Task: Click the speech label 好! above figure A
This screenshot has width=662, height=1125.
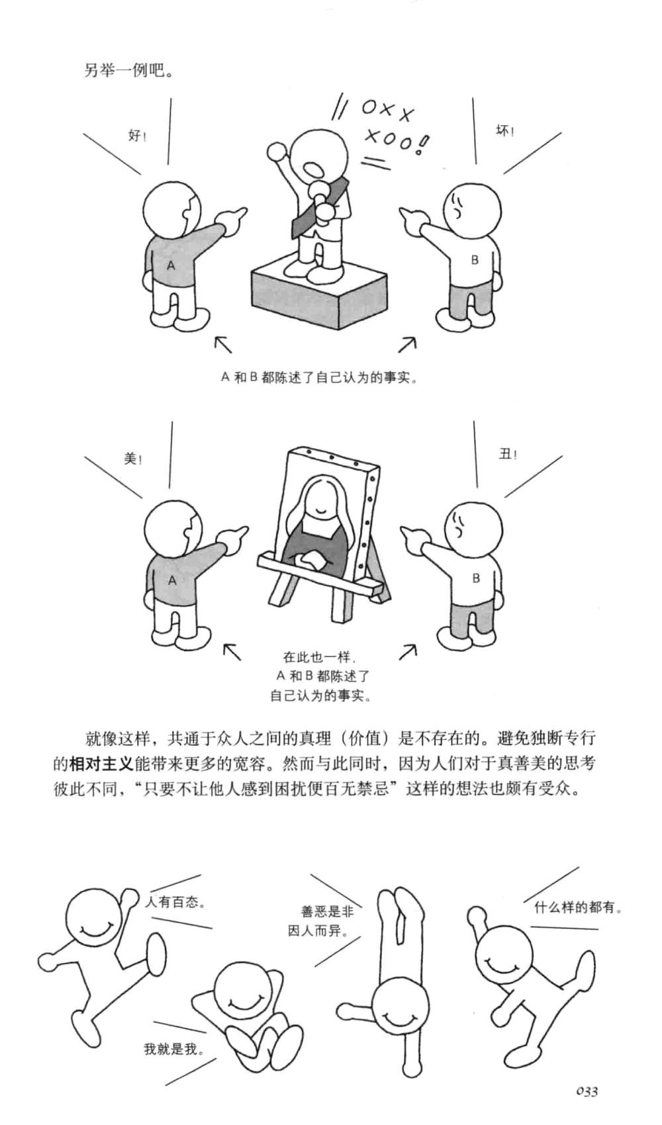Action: tap(136, 136)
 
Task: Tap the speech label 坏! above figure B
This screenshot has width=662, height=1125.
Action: tap(505, 131)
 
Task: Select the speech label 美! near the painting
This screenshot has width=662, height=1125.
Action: tap(133, 459)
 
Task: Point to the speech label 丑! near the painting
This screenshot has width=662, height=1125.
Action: tap(508, 455)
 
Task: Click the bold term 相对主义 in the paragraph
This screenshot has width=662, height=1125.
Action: tap(101, 763)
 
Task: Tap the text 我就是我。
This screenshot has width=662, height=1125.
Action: tap(174, 1049)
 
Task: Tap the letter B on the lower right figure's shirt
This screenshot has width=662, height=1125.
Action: tap(475, 578)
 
